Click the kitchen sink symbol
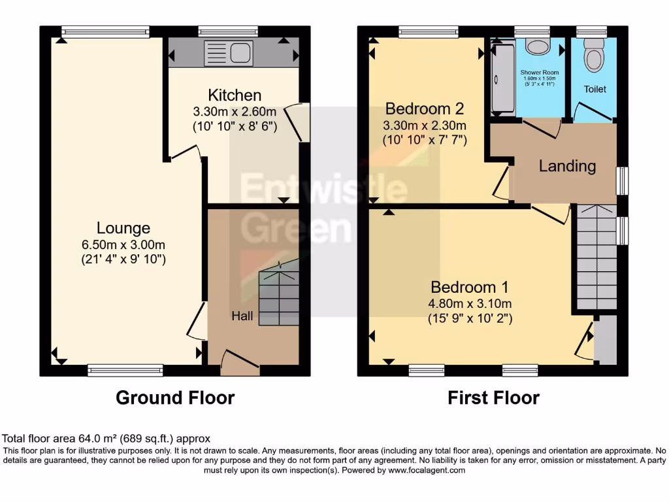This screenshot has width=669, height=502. [224, 52]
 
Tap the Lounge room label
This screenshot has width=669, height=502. [123, 228]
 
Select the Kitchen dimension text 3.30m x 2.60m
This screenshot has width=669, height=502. [235, 112]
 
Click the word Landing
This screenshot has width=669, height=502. [567, 166]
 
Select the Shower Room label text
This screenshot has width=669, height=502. [540, 72]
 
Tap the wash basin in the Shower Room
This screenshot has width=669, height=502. [539, 48]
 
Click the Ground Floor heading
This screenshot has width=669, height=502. [175, 397]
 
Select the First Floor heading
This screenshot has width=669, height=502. [493, 397]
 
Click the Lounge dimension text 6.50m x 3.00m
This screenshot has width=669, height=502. [123, 244]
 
